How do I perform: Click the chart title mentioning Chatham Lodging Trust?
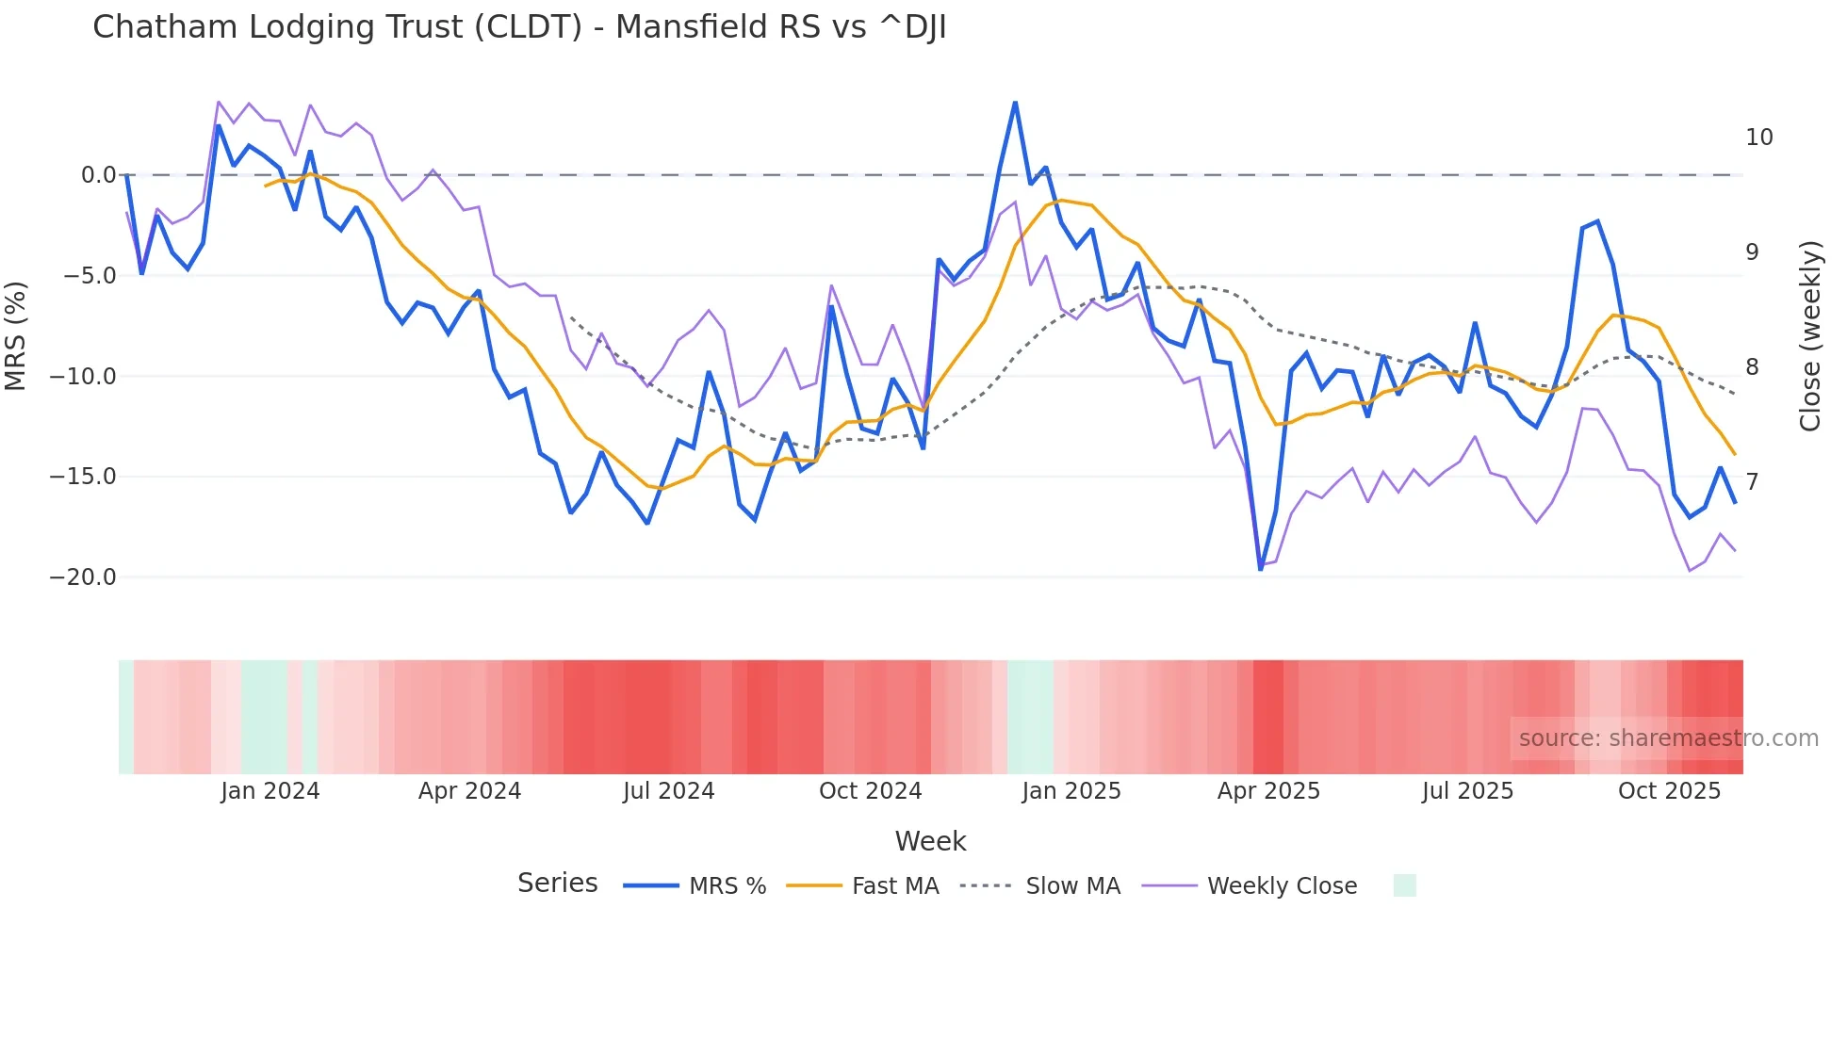(x=519, y=27)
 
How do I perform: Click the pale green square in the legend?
(x=1404, y=885)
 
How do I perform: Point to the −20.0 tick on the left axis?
(x=83, y=577)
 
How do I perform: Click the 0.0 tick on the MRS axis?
(x=98, y=175)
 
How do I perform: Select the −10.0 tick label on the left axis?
(x=83, y=377)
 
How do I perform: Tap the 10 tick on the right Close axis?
(x=1758, y=138)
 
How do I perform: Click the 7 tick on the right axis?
(x=1752, y=482)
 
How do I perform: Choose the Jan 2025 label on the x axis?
(x=1071, y=791)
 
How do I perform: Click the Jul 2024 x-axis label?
(x=668, y=791)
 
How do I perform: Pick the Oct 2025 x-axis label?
(x=1669, y=791)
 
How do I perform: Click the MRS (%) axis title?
(x=16, y=336)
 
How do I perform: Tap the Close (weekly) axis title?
(x=1810, y=336)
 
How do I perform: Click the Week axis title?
(x=930, y=841)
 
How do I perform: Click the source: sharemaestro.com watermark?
(x=1668, y=738)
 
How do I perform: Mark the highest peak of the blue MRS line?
(x=1015, y=103)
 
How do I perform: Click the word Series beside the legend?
(x=557, y=884)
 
